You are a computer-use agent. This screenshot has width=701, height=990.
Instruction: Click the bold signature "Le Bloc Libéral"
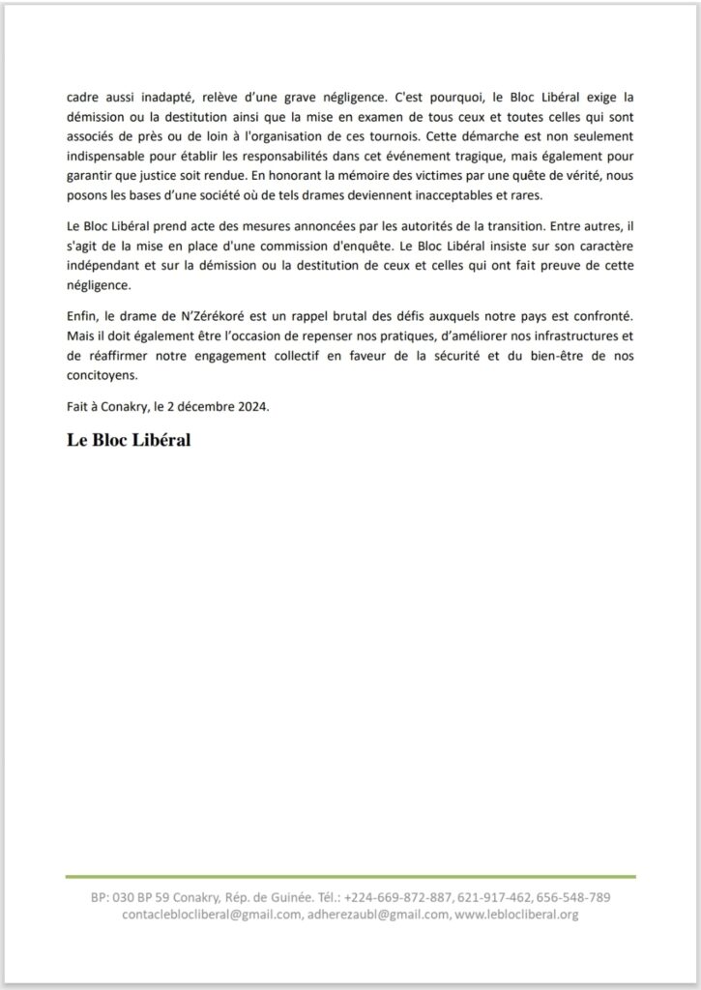point(128,440)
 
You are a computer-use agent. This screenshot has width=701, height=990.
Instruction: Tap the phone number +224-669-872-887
point(396,897)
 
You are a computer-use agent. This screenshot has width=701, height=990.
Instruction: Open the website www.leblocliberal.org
point(516,915)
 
